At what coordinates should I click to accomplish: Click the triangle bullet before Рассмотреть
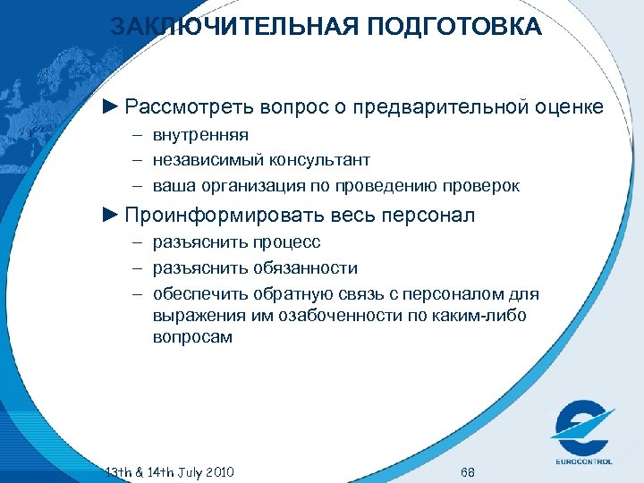[x=110, y=107]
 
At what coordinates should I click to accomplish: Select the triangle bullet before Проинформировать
[x=110, y=216]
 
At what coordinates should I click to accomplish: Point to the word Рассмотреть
[x=191, y=107]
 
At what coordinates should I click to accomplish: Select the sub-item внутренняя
[x=200, y=135]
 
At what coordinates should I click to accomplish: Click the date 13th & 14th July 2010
[x=170, y=471]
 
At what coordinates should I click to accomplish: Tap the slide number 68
[x=467, y=471]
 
